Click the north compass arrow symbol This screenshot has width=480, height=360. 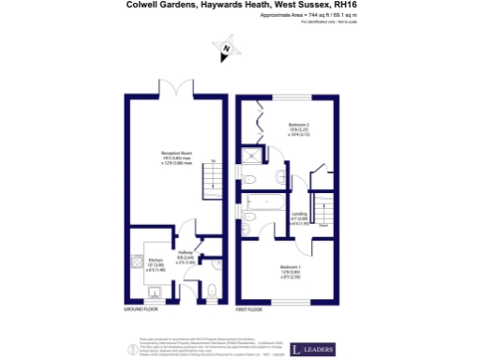[x=226, y=47]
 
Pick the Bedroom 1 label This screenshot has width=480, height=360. [x=290, y=272]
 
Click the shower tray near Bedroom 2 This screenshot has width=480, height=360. [x=252, y=158]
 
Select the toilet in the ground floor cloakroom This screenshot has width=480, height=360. [x=212, y=292]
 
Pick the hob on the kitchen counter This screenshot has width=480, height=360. [x=137, y=263]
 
